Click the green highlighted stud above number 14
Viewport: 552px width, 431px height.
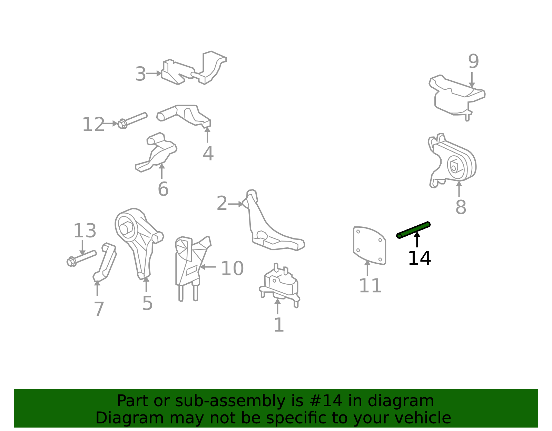click(413, 230)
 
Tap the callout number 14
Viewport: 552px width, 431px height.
click(419, 258)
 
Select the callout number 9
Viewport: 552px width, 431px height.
click(473, 61)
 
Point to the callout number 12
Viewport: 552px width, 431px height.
click(93, 124)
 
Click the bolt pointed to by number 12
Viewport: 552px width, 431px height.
click(132, 120)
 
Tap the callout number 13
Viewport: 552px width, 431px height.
click(85, 231)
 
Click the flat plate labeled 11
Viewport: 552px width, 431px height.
click(369, 245)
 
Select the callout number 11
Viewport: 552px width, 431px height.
click(370, 286)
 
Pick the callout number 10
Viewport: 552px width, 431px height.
click(233, 268)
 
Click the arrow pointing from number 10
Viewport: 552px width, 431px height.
click(208, 267)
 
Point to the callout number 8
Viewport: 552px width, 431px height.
click(461, 207)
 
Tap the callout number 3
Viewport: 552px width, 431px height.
click(140, 74)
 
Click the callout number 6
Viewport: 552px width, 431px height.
click(163, 189)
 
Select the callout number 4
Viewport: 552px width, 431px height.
click(208, 154)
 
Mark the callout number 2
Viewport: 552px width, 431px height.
click(222, 203)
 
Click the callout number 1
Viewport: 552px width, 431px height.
click(279, 325)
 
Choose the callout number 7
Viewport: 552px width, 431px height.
click(99, 309)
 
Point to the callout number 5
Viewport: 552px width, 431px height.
click(147, 303)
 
